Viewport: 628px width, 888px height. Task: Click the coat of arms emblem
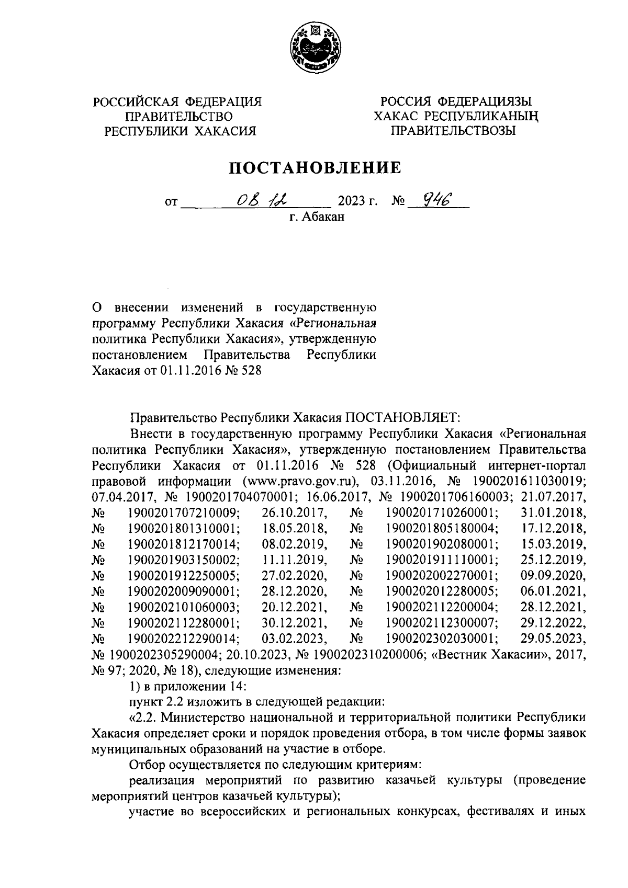pos(315,50)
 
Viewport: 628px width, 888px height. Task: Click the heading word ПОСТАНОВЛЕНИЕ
pos(314,168)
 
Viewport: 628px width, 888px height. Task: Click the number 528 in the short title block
pos(249,371)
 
